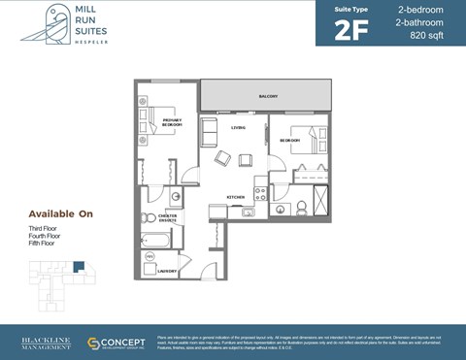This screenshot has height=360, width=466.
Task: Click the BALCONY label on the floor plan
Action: coord(268,96)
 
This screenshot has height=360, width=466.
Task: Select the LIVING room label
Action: coord(238,128)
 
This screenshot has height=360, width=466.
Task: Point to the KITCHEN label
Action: coord(236,196)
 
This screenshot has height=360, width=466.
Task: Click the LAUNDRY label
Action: coord(167,271)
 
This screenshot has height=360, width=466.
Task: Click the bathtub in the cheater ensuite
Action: coord(155,239)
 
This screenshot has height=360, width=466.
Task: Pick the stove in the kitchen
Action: coord(259,184)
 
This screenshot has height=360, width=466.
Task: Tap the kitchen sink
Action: coord(249,211)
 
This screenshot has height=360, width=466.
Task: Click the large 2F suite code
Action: coord(352,29)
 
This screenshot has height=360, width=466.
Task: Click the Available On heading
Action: coord(60,213)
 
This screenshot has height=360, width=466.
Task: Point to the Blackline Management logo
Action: coord(45,343)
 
